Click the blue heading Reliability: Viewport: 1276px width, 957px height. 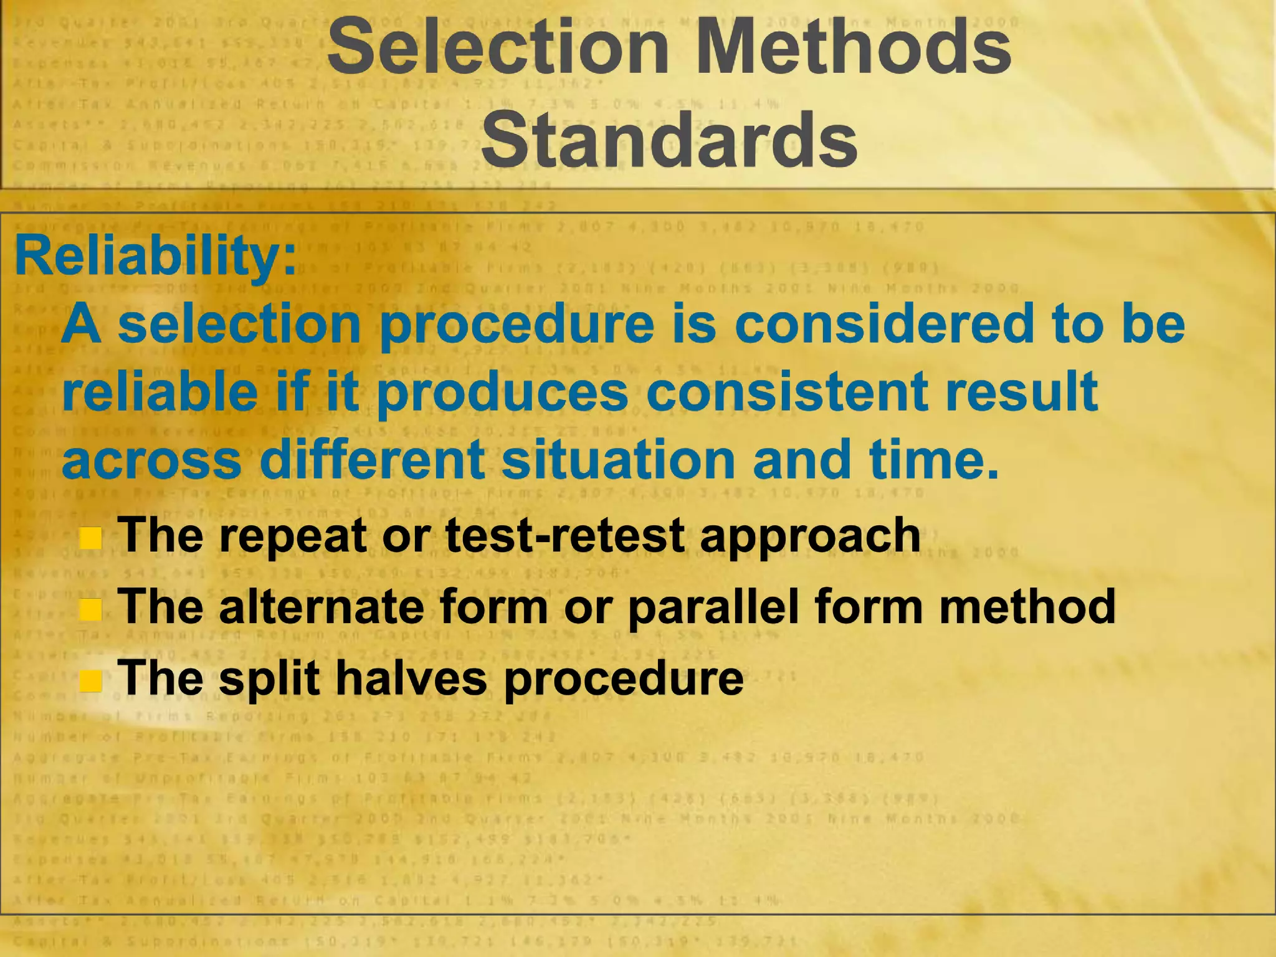[x=156, y=257]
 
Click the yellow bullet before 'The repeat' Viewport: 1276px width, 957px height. [x=91, y=537]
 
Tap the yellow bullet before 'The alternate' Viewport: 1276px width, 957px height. [x=91, y=609]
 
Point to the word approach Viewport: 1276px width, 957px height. [x=810, y=536]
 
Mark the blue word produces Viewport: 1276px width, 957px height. [x=502, y=393]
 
